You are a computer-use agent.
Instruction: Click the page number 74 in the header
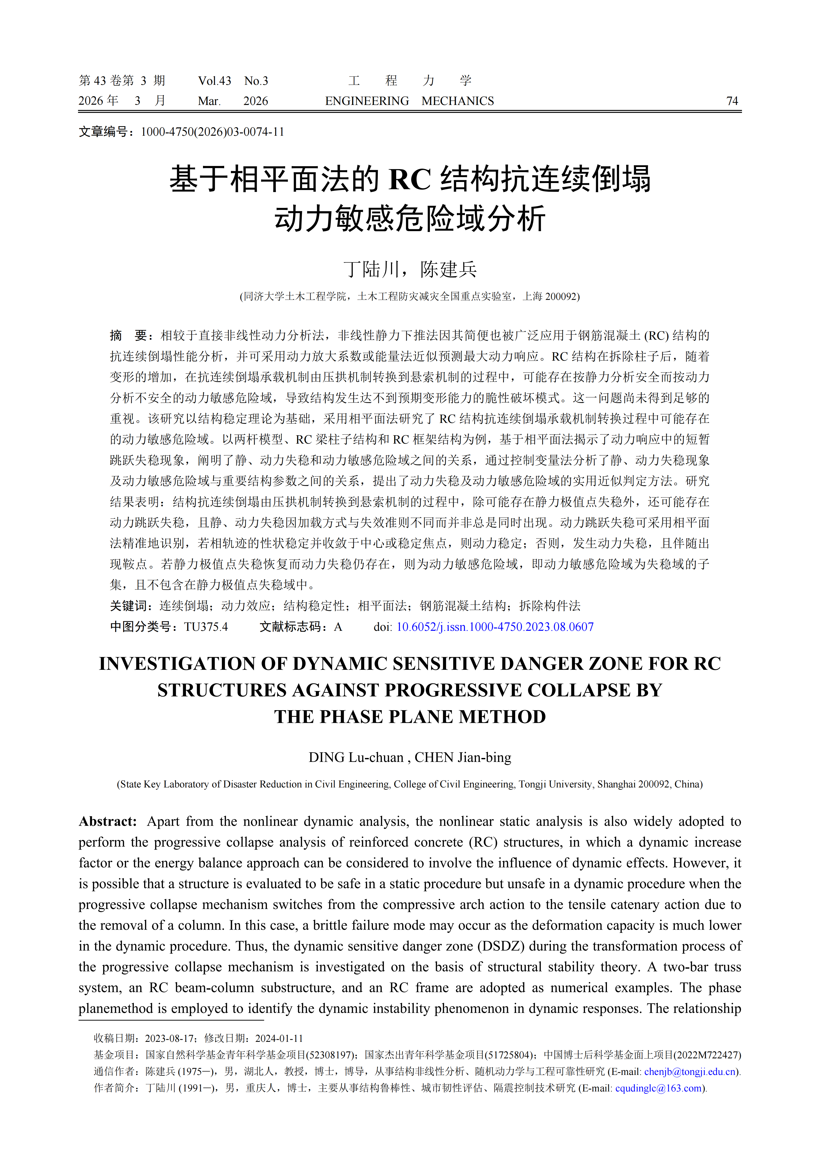[x=732, y=101]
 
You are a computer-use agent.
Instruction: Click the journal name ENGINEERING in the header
[x=367, y=101]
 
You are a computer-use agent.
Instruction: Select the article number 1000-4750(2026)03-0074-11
[x=212, y=132]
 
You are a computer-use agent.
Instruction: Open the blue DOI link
[x=495, y=627]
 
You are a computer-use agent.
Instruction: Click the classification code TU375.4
[x=206, y=627]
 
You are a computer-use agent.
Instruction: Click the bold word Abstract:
[x=108, y=821]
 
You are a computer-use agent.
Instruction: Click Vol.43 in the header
[x=214, y=81]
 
